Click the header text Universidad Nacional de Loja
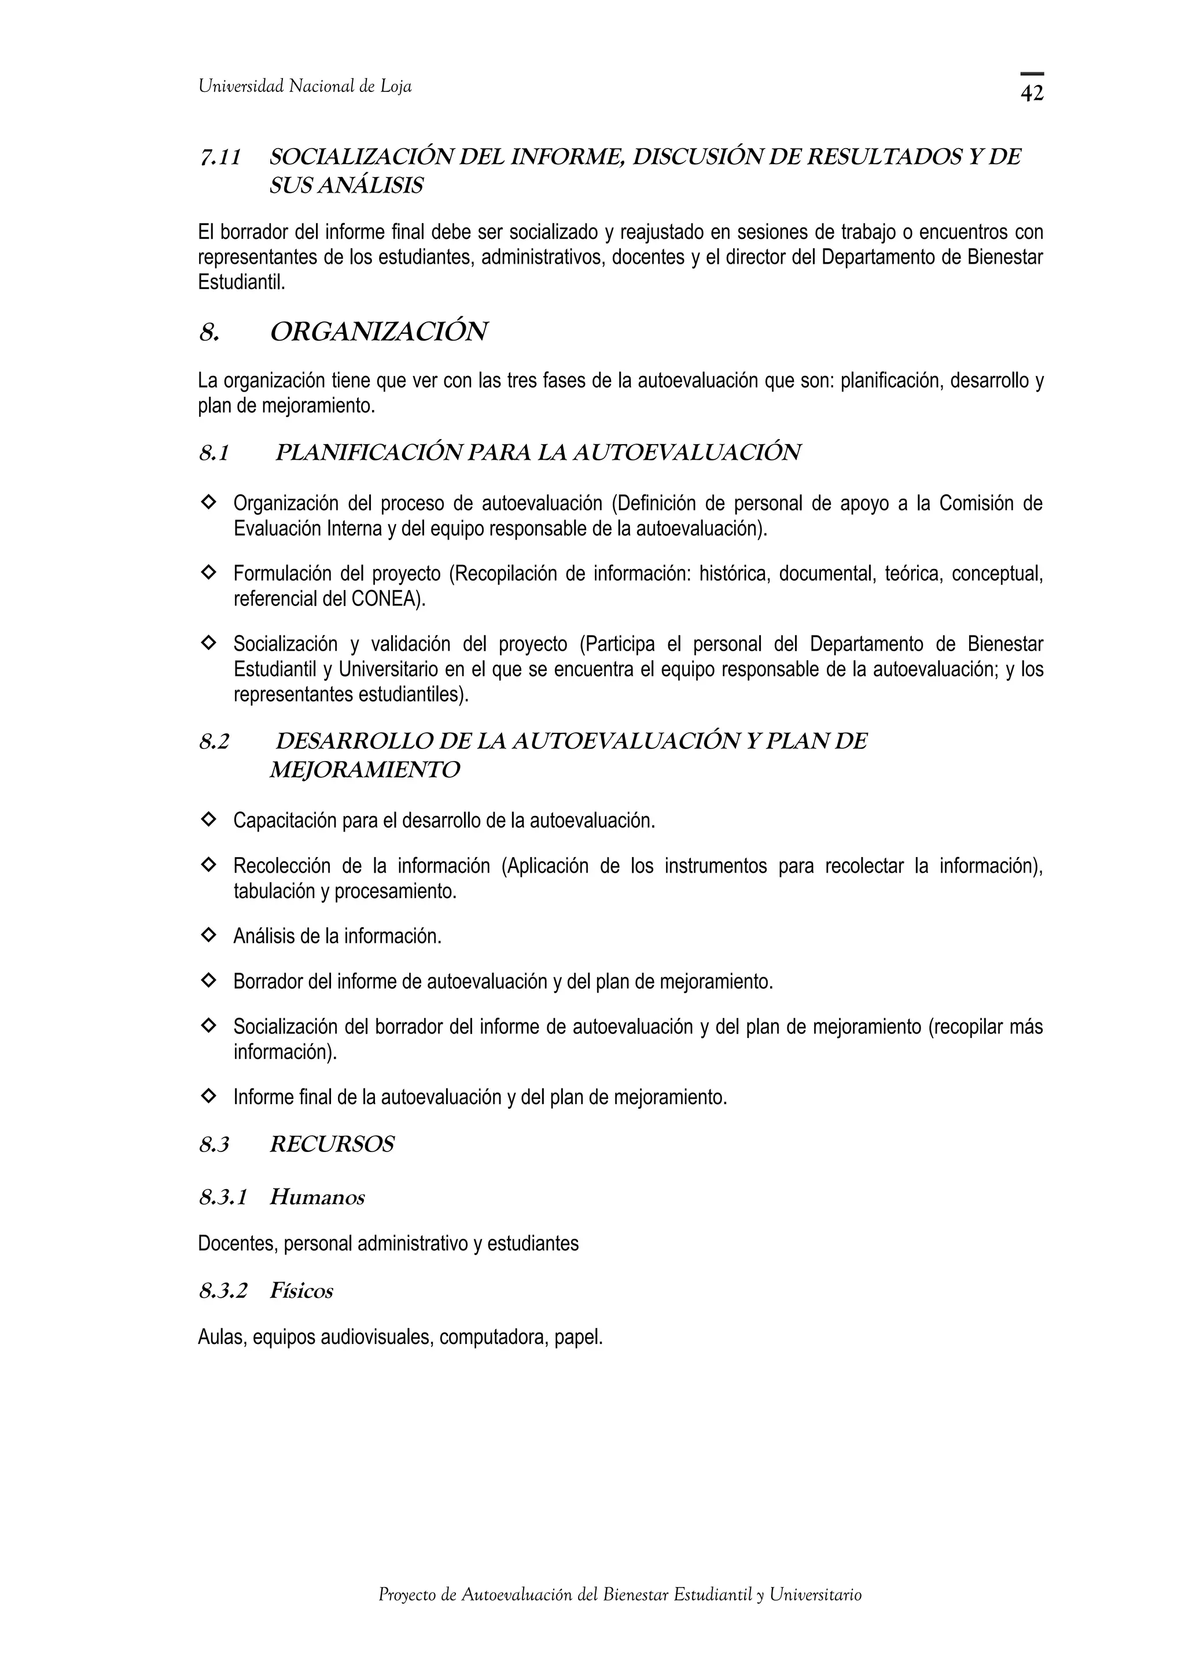304,87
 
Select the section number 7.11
220,157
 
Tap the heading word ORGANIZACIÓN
378,332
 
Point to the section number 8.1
214,453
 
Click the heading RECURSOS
332,1145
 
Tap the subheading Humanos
317,1197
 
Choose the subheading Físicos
301,1291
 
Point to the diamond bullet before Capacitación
208,819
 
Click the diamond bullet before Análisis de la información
208,935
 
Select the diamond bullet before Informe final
208,1096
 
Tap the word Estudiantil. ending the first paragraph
241,282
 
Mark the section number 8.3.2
223,1291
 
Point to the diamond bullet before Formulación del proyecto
208,573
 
